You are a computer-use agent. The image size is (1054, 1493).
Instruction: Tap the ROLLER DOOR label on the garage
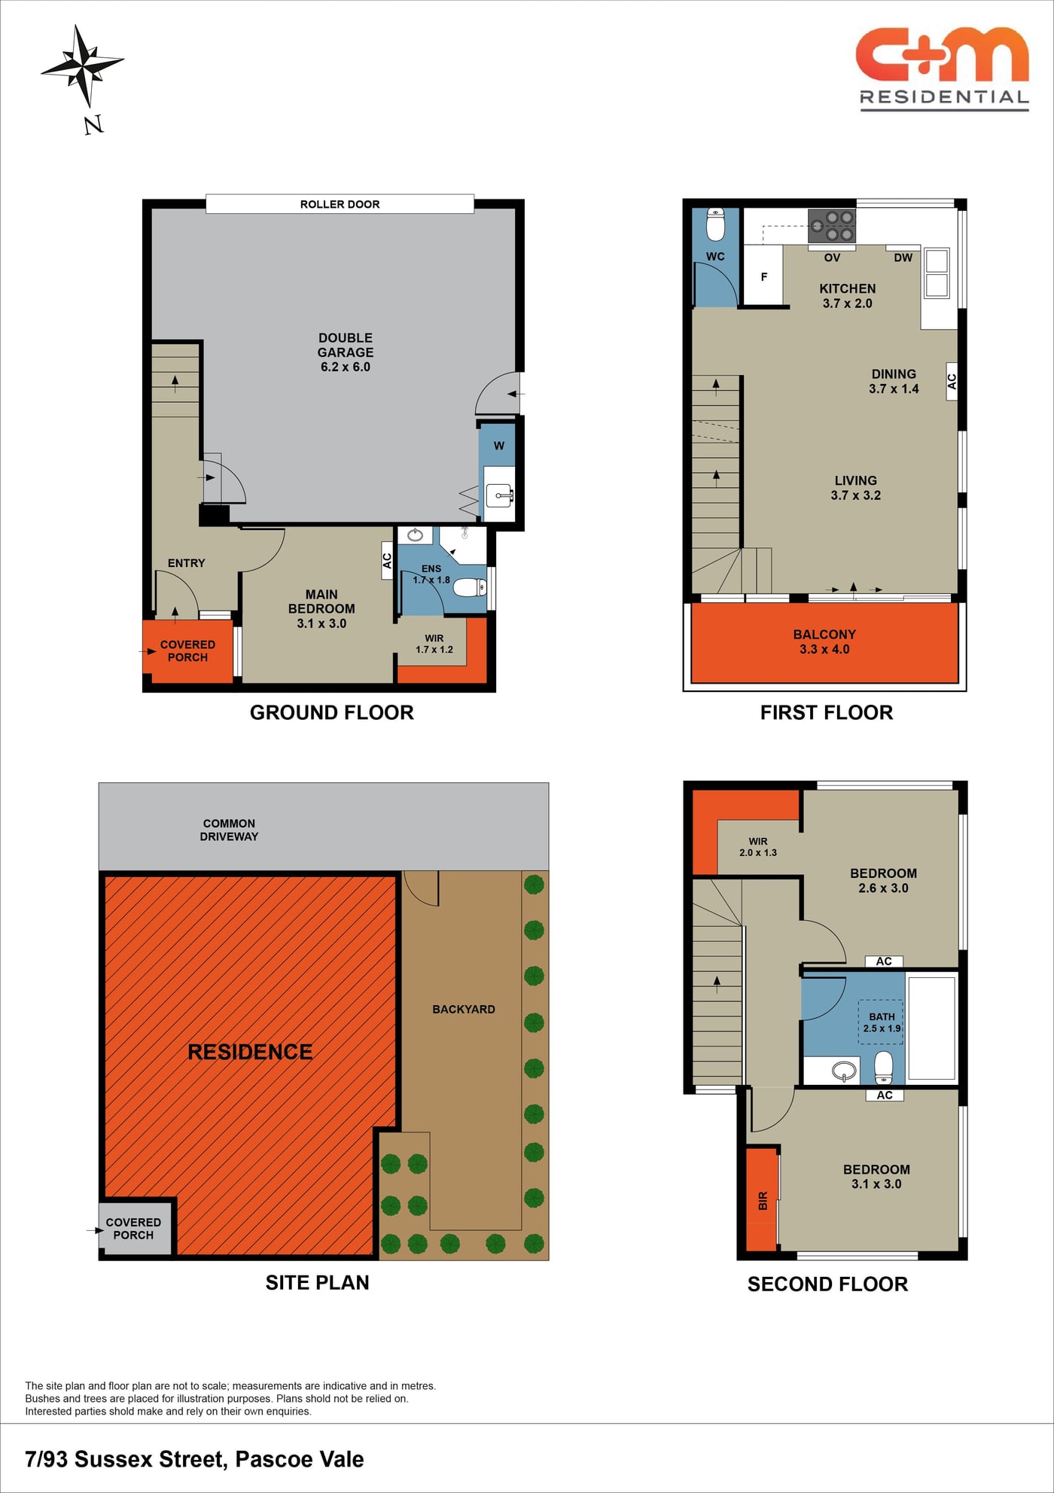340,204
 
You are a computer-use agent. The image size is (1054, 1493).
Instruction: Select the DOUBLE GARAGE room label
346,352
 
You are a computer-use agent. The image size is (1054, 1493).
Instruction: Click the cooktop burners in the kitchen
832,226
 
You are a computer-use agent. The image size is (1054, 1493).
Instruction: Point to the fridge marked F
763,276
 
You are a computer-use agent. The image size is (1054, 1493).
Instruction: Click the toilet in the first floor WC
715,224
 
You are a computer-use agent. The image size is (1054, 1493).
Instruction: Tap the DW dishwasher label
903,257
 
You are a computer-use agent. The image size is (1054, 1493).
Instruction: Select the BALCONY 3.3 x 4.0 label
824,641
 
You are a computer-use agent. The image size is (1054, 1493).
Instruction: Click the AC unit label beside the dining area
952,382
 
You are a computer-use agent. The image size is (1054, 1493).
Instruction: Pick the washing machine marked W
498,446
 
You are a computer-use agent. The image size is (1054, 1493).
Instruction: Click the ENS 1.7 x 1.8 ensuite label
431,574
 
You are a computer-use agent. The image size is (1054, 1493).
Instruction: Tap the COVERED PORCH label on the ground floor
187,651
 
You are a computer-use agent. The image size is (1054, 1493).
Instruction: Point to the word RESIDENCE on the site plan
250,1052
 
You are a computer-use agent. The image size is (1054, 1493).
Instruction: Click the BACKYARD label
464,1009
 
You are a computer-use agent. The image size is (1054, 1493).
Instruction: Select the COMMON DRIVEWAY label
229,830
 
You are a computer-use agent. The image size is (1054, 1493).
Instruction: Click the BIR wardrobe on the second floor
762,1200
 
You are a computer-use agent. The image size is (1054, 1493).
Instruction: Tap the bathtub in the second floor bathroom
931,1028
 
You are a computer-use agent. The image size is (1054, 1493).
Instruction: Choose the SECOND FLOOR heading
827,1284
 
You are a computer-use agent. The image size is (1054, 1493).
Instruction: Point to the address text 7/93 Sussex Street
126,1459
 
